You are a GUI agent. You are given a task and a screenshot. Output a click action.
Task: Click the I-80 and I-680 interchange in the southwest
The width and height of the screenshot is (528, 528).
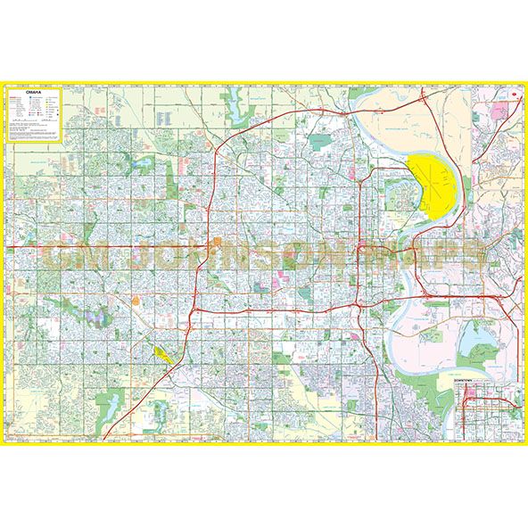pyautogui.click(x=190, y=318)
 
